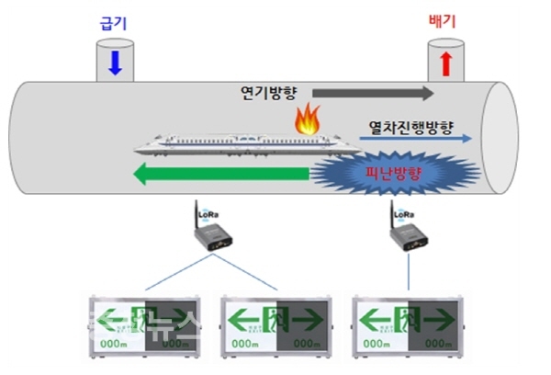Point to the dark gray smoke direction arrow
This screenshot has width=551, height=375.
tap(373, 93)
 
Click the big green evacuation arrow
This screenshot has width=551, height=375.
tap(220, 172)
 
